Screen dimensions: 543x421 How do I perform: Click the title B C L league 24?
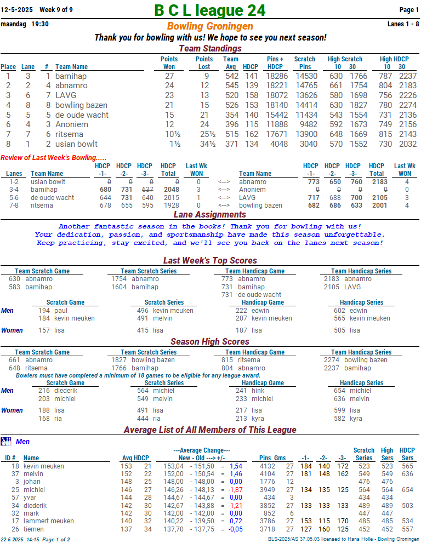[210, 10]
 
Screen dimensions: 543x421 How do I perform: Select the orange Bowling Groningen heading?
[210, 26]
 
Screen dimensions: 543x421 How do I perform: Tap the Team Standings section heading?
[210, 49]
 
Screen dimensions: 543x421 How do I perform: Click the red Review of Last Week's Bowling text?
[54, 158]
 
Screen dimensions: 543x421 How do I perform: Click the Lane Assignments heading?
[210, 215]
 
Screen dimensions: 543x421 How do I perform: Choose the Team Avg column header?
[231, 63]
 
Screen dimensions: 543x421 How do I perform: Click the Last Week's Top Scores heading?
[210, 261]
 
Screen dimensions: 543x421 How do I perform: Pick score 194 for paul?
[44, 311]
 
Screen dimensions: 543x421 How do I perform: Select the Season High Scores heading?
[210, 342]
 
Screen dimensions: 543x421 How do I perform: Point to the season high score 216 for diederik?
[44, 391]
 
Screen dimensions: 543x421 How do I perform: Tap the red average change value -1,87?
[235, 490]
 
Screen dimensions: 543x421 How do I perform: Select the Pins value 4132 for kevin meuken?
[267, 466]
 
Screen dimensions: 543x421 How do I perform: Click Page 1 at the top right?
[409, 10]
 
